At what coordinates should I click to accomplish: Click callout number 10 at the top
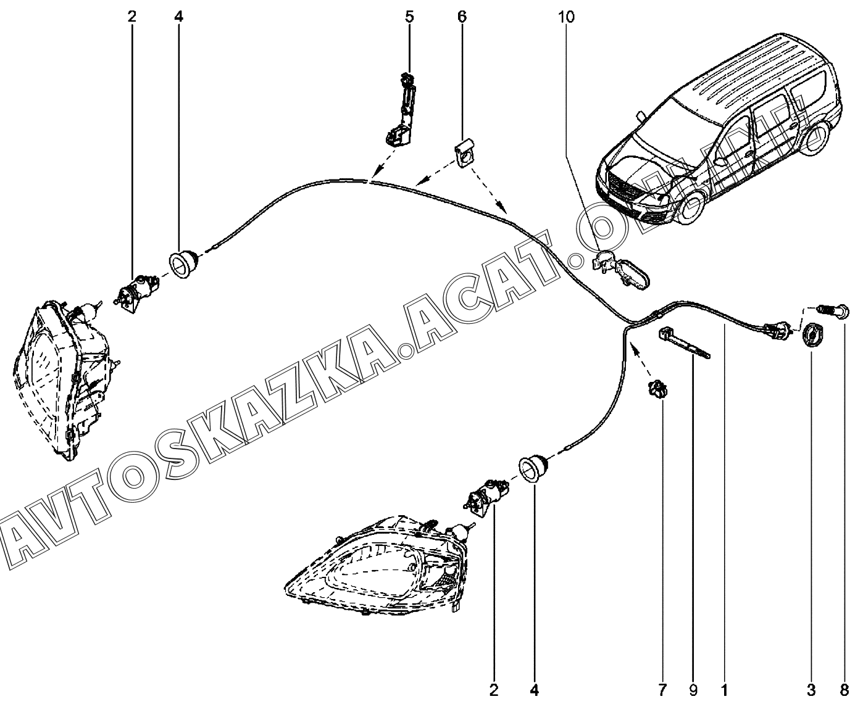(566, 17)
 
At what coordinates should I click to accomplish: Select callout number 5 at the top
(410, 17)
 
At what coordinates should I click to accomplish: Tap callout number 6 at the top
(462, 17)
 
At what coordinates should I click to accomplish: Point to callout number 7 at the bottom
(663, 689)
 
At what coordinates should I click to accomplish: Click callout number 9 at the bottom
(693, 689)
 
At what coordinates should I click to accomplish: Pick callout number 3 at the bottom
(811, 689)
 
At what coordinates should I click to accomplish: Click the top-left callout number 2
(131, 17)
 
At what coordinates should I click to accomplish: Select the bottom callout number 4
(535, 689)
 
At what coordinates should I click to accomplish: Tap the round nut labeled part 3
(811, 337)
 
